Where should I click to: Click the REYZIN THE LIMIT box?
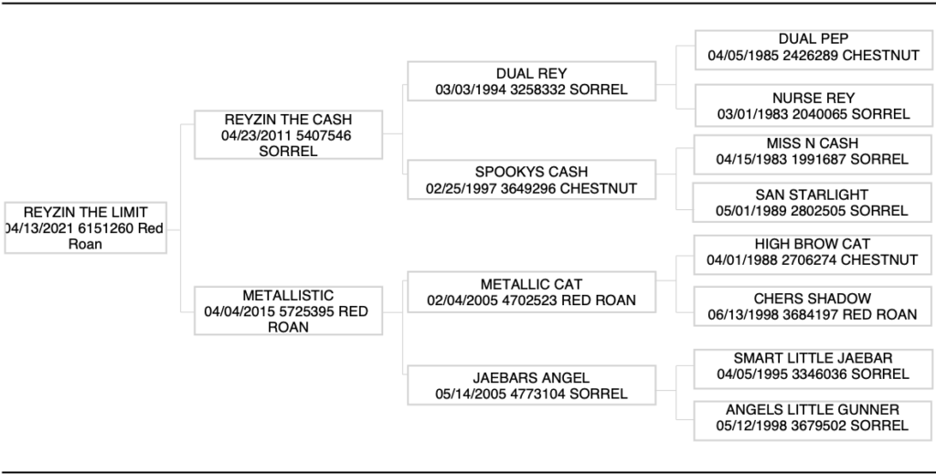pyautogui.click(x=85, y=227)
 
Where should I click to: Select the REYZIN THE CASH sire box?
pyautogui.click(x=287, y=135)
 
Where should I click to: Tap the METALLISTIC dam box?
pyautogui.click(x=287, y=311)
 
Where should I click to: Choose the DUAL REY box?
pyautogui.click(x=531, y=81)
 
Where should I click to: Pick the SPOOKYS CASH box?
pyautogui.click(x=531, y=180)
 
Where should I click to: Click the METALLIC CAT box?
pyautogui.click(x=531, y=292)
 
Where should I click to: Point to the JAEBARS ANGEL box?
pyautogui.click(x=531, y=385)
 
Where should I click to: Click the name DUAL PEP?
pyautogui.click(x=814, y=39)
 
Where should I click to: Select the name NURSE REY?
pyautogui.click(x=814, y=98)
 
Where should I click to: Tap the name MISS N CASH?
pyautogui.click(x=813, y=143)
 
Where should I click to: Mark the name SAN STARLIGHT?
pyautogui.click(x=813, y=195)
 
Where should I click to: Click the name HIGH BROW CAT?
pyautogui.click(x=813, y=244)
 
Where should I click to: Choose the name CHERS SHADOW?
pyautogui.click(x=813, y=299)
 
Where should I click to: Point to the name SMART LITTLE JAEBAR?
pyautogui.click(x=813, y=358)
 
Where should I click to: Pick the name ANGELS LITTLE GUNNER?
pyautogui.click(x=813, y=409)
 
